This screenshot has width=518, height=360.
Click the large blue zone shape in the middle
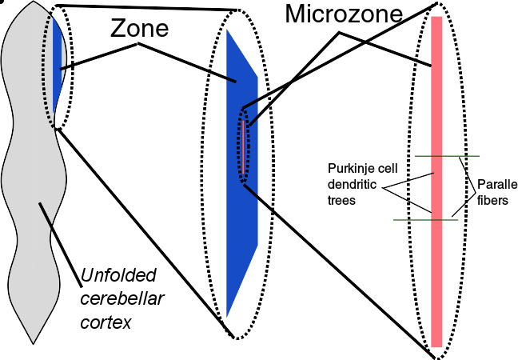tap(241, 200)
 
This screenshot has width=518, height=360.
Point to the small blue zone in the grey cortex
tap(58, 64)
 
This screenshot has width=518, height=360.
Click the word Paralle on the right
tap(496, 186)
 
